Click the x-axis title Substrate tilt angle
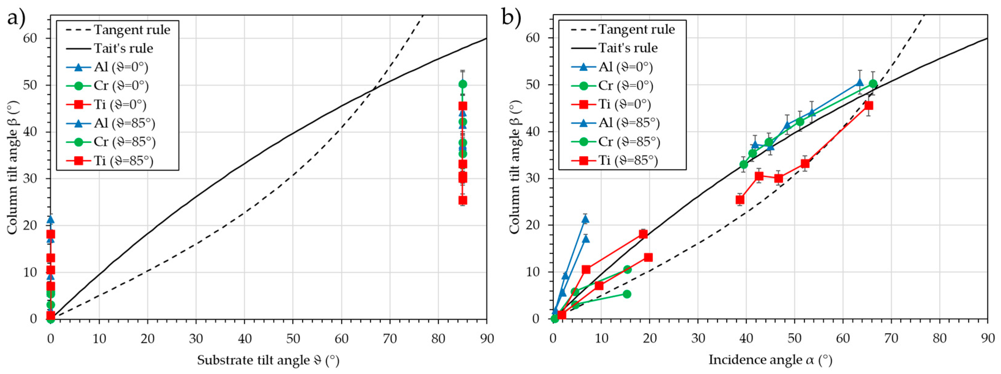click(268, 360)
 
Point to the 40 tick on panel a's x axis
click(244, 339)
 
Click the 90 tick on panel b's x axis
click(987, 338)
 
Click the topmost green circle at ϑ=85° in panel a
click(462, 84)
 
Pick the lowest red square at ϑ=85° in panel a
click(462, 200)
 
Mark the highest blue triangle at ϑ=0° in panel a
click(50, 220)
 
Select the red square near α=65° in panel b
click(868, 106)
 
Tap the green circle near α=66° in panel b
click(873, 84)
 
